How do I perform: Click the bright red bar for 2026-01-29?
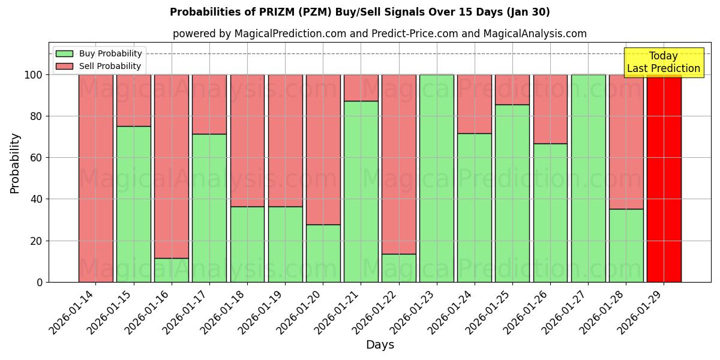coord(664,178)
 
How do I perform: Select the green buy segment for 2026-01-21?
coord(361,191)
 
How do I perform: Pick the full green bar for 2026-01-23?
coord(436,178)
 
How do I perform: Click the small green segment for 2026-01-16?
coord(172,270)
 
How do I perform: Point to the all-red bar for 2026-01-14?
coord(96,178)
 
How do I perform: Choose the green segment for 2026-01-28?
coord(626,245)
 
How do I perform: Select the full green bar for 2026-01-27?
coord(588,178)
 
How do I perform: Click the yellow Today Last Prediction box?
coord(663,62)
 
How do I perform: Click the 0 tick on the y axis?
coord(40,282)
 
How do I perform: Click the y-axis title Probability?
coord(15,163)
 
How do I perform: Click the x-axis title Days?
coord(380,345)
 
